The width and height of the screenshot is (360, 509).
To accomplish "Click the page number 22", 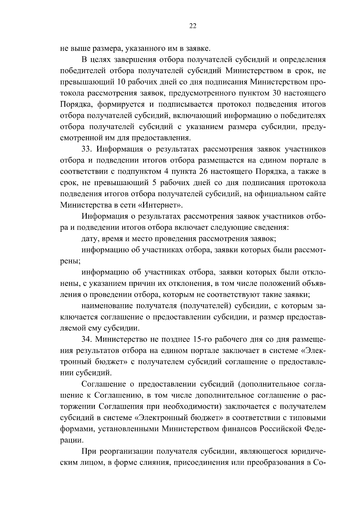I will tap(193, 26).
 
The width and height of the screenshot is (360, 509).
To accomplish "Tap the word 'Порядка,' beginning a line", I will tap(74, 104).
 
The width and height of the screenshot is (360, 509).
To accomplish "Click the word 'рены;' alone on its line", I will tap(70, 261).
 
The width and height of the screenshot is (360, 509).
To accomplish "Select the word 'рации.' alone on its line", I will tap(72, 440).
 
